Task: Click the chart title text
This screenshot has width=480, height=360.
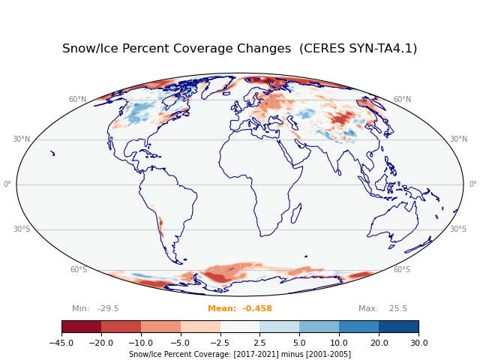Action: click(239, 49)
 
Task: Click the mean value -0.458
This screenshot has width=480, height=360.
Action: click(240, 309)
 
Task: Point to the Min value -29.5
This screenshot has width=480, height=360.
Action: click(95, 309)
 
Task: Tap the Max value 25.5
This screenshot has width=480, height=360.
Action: click(382, 309)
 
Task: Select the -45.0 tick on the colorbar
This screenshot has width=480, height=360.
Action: click(61, 343)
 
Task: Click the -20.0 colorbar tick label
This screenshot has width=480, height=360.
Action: click(101, 343)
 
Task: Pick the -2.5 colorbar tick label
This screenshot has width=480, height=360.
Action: click(220, 343)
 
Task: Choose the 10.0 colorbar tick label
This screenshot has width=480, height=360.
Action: click(339, 343)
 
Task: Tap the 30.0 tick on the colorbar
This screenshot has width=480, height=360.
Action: click(418, 343)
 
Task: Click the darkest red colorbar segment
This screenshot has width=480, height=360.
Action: click(81, 326)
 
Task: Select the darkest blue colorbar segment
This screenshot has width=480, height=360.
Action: click(398, 326)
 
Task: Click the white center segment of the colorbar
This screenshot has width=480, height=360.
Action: click(240, 326)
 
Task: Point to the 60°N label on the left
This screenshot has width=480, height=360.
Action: click(77, 100)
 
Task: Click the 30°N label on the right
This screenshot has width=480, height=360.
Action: click(459, 139)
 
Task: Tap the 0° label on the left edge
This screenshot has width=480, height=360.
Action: click(7, 184)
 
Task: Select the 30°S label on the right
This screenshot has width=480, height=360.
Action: click(457, 229)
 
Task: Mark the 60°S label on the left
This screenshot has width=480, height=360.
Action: click(78, 270)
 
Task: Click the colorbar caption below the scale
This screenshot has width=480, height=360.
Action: click(240, 355)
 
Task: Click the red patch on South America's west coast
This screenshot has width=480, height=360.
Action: click(160, 226)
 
